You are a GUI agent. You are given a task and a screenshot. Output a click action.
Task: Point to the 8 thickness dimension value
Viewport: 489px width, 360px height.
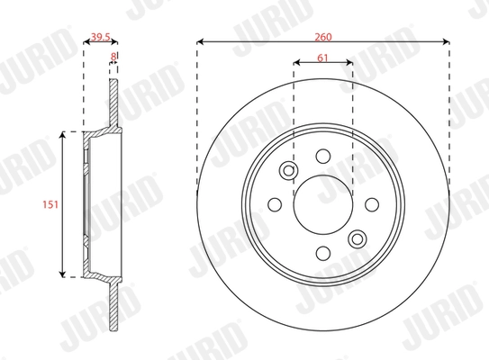click(113, 56)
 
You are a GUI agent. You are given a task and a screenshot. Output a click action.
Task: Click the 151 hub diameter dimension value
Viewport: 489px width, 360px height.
click(50, 203)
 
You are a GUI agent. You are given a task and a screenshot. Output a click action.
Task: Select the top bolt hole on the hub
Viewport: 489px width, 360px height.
click(323, 155)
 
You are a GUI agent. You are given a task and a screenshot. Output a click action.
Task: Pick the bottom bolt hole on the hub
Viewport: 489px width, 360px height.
click(323, 252)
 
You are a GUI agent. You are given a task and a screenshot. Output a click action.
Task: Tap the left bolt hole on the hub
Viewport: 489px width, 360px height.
click(275, 203)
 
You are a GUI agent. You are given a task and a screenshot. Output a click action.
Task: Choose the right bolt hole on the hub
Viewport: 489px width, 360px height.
click(372, 203)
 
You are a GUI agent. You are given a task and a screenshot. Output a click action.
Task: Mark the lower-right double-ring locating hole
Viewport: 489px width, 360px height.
click(358, 238)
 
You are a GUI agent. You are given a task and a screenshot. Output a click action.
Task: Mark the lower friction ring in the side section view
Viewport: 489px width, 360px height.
click(113, 301)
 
